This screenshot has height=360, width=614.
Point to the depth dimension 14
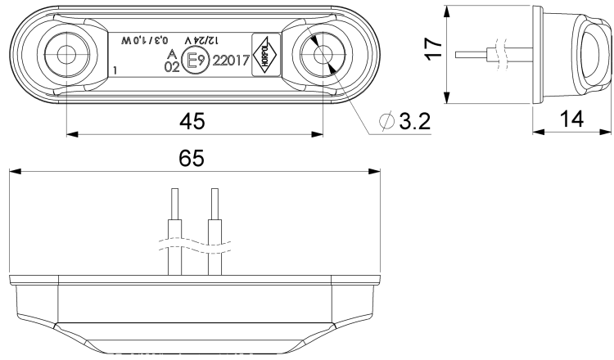[x=571, y=119]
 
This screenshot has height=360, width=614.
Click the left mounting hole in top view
[x=65, y=55]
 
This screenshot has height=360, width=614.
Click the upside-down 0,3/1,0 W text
[x=145, y=40]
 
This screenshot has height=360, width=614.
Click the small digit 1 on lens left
[x=117, y=71]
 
